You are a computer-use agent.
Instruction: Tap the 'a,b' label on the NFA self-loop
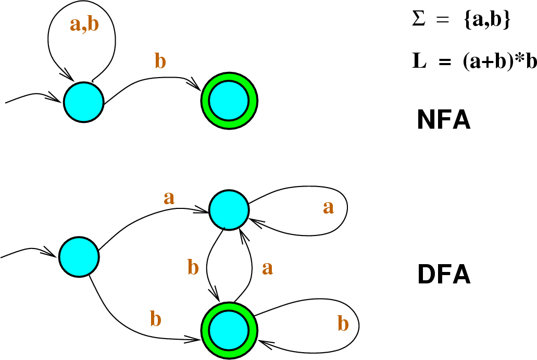coord(84,26)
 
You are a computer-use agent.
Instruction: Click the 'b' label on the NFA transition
coord(161,61)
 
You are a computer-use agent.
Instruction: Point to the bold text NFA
coord(444,121)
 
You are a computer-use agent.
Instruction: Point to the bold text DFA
coord(444,275)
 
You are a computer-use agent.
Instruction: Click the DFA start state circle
coord(79,257)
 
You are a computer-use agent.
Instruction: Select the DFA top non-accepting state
coord(229,209)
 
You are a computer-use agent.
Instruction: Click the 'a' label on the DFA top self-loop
coord(328,207)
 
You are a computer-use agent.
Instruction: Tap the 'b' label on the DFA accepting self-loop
coord(342,324)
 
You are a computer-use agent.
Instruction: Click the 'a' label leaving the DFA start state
coord(169,197)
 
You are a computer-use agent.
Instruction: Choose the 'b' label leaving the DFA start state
coord(155,319)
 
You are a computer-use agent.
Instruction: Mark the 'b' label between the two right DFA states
coord(193,268)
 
